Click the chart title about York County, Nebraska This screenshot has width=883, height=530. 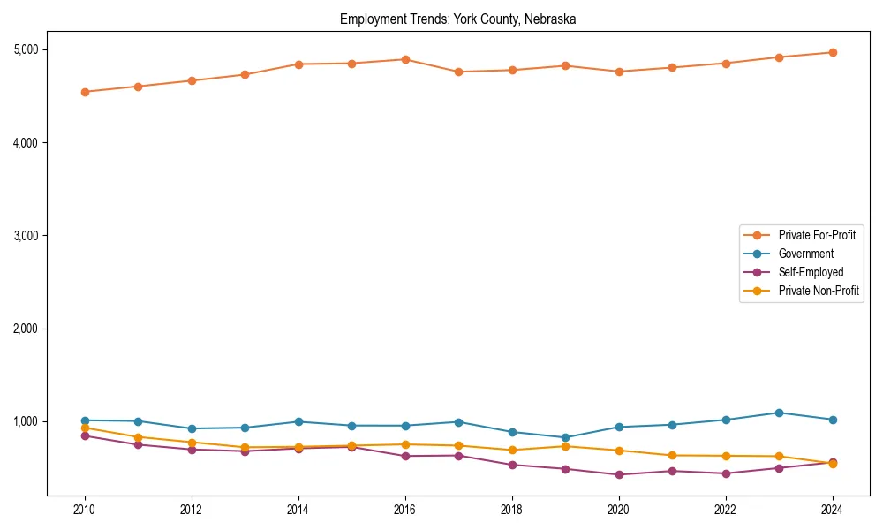(457, 19)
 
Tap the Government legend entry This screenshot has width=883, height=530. (805, 254)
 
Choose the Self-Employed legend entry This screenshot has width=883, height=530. (811, 272)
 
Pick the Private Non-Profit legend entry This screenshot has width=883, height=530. (819, 291)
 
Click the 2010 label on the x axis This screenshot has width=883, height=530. (85, 510)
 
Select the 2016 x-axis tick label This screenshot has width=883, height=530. (405, 510)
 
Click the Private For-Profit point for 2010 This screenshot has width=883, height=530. (85, 92)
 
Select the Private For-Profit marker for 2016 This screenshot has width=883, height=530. (405, 59)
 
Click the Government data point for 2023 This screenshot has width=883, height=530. (779, 413)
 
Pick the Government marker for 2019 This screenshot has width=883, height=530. (565, 437)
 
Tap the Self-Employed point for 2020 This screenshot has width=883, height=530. (619, 474)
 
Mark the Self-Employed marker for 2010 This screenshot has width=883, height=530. (85, 435)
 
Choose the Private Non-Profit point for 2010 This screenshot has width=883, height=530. (85, 428)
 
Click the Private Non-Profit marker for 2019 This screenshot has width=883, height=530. (565, 446)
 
